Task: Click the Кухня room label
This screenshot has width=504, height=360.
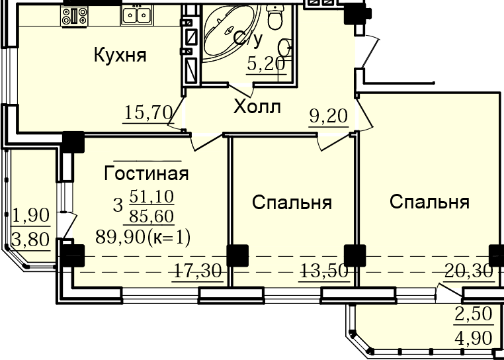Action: (120, 55)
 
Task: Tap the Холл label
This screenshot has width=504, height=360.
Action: (257, 107)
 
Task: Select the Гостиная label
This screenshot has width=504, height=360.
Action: (146, 174)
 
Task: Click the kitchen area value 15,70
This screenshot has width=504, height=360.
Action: (148, 113)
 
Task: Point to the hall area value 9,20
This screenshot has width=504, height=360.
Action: (329, 116)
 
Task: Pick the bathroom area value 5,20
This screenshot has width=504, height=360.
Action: (266, 64)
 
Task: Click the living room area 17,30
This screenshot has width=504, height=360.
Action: (198, 271)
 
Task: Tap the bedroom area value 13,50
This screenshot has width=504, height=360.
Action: (324, 271)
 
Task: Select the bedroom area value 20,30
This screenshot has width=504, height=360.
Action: (468, 271)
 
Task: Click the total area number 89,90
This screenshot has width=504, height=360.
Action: (120, 238)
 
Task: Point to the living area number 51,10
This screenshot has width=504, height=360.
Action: (151, 197)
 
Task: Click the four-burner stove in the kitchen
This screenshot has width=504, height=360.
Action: (75, 16)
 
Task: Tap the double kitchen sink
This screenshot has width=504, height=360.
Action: (137, 15)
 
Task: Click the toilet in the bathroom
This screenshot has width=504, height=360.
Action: (275, 18)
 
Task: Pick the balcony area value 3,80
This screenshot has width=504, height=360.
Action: (31, 240)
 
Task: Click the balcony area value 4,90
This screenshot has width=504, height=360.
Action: (474, 338)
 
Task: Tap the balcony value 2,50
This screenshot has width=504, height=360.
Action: (474, 314)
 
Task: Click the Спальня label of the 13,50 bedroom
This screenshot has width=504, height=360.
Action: (292, 203)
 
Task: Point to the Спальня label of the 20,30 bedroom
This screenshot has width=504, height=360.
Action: (430, 202)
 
